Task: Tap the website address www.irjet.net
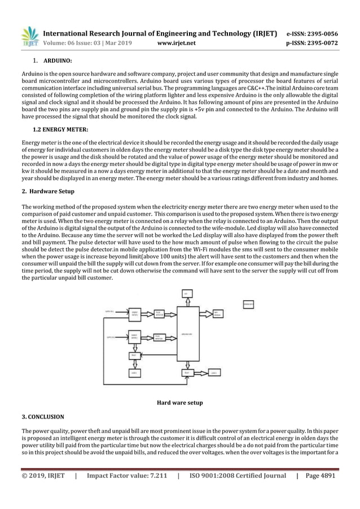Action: [180, 42]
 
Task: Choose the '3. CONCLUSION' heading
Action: [43, 416]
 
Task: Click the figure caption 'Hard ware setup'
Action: [179, 403]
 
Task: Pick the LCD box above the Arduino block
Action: [187, 293]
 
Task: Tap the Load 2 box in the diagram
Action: [214, 373]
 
